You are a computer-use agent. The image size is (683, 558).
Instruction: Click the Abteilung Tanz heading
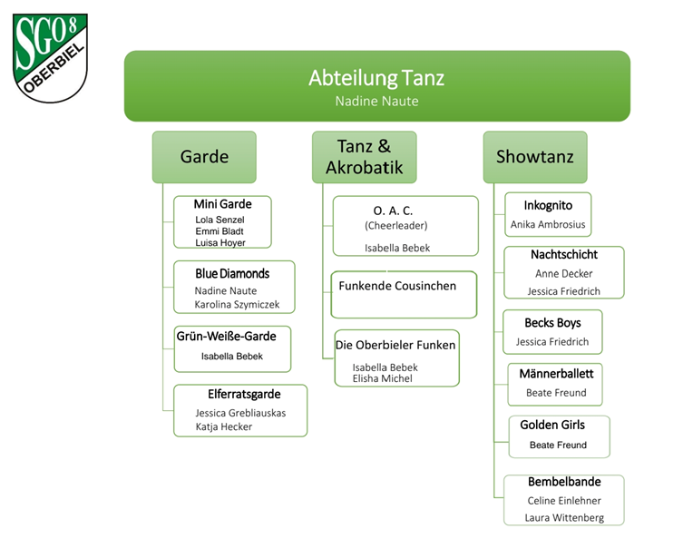376,78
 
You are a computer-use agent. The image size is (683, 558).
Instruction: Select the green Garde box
204,157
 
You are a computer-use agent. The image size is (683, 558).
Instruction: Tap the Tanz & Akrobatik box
364,157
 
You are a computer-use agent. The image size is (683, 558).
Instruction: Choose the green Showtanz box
534,157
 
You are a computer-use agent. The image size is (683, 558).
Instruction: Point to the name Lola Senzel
220,220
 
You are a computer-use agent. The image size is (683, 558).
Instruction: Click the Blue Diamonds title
232,273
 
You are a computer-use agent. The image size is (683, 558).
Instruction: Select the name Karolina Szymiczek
237,305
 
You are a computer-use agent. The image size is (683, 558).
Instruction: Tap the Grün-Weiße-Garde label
226,336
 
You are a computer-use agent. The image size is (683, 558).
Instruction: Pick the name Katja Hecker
223,426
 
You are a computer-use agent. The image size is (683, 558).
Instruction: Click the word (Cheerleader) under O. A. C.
395,225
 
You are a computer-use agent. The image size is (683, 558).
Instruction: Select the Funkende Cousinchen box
404,294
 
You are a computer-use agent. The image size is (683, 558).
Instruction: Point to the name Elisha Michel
382,378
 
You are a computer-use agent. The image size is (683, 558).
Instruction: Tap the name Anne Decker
563,273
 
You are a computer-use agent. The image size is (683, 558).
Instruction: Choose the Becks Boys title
552,323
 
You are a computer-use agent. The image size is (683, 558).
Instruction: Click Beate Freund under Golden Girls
558,445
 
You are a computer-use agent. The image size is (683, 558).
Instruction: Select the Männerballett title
556,374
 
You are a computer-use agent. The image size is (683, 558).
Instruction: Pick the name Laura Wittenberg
563,518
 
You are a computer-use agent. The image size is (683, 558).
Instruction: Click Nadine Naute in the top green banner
376,102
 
